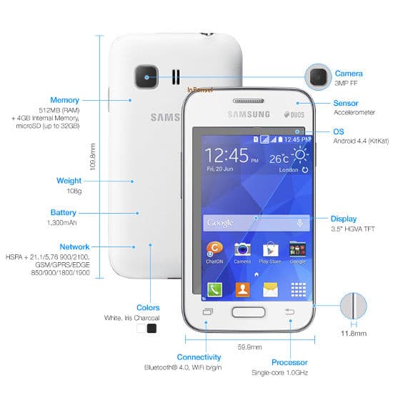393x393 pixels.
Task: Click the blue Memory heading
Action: tap(64, 100)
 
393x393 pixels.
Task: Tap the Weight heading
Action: tap(69, 181)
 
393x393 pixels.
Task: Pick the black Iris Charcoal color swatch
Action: tap(151, 329)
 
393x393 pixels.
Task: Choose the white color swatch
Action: tap(141, 329)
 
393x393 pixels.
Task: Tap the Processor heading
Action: tap(289, 362)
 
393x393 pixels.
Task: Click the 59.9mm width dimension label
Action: tap(247, 347)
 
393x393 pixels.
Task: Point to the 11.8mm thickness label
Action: tap(352, 333)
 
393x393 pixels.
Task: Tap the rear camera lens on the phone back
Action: tap(149, 76)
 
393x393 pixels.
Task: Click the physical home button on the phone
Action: tap(248, 312)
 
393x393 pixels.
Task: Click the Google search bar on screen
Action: tap(255, 223)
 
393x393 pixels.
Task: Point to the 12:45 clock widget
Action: tap(227, 155)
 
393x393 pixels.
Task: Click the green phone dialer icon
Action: tap(214, 289)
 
